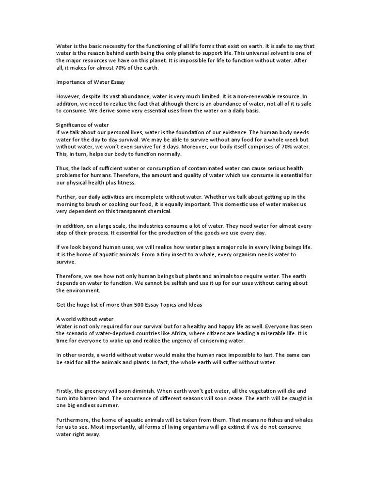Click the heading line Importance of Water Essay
(x=91, y=82)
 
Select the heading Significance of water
(x=82, y=125)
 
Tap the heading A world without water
(x=85, y=319)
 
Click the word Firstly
(x=65, y=391)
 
